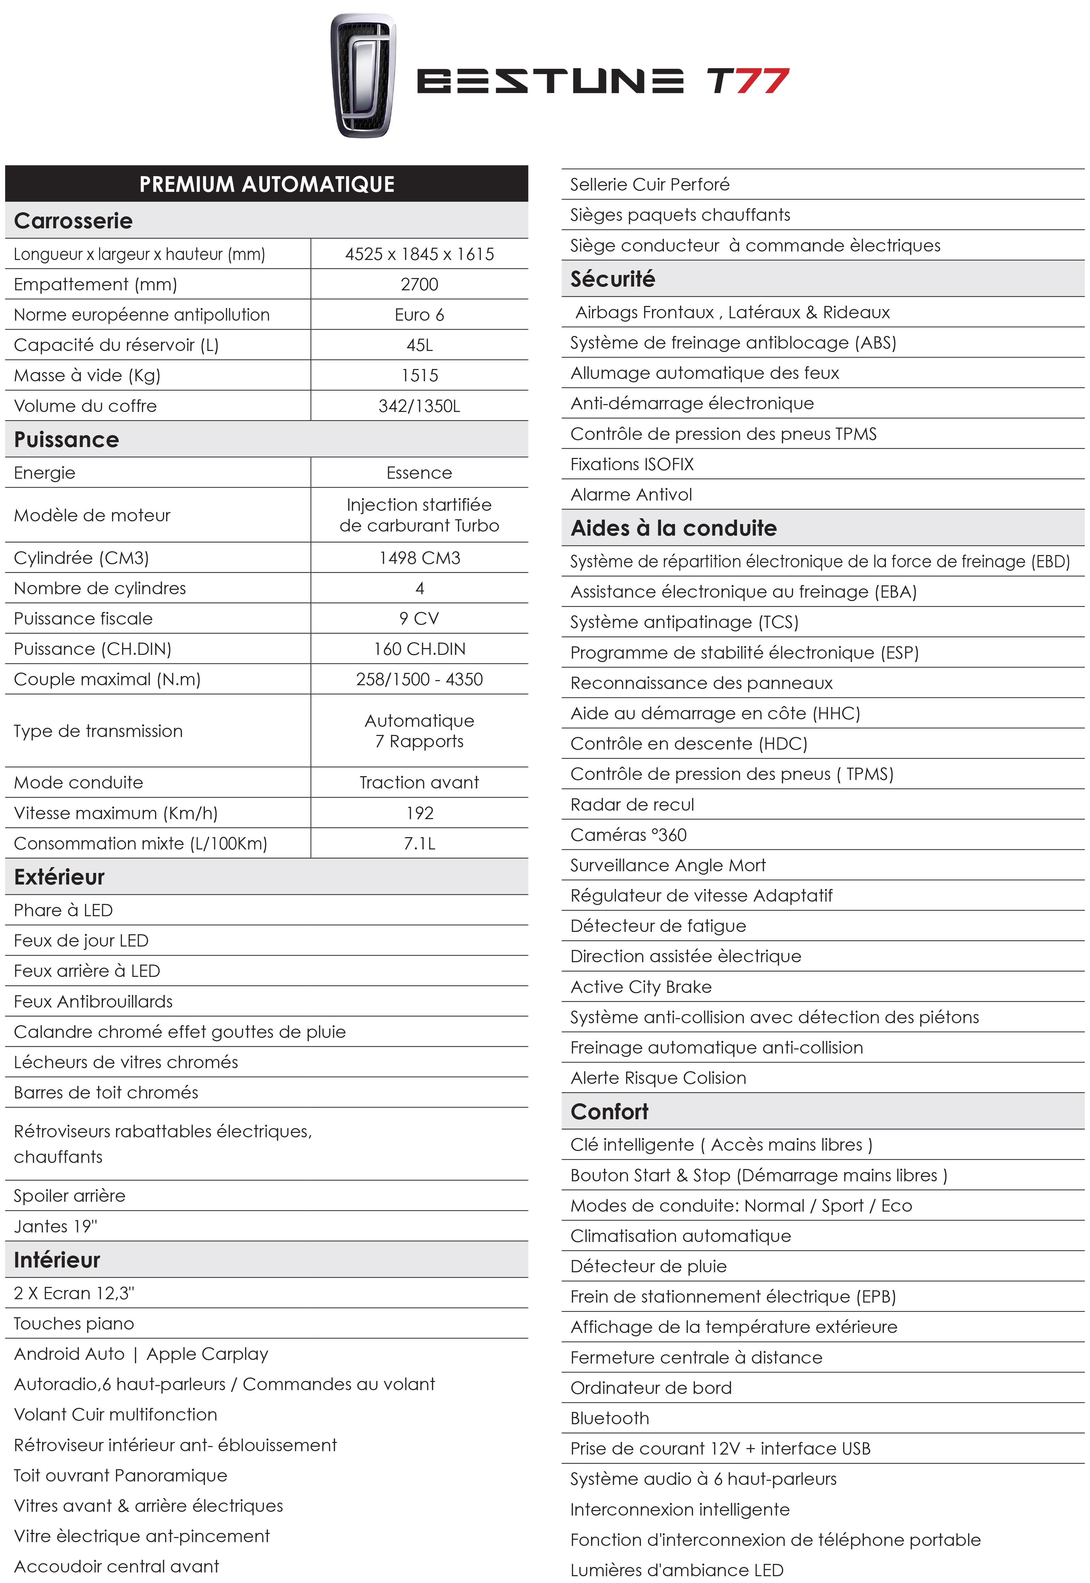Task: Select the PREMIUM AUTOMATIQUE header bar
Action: [266, 184]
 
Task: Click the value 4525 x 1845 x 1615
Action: [419, 254]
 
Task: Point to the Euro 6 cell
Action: [419, 315]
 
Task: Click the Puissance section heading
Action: [66, 439]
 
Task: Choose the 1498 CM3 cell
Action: [419, 558]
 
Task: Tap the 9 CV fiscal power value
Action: [419, 619]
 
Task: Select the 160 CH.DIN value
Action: [419, 649]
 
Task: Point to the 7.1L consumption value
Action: [419, 843]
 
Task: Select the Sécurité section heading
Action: [613, 279]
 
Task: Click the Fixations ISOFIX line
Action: [632, 464]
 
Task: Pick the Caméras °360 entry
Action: [628, 834]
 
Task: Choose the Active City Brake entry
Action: [641, 987]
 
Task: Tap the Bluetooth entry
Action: [609, 1418]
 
